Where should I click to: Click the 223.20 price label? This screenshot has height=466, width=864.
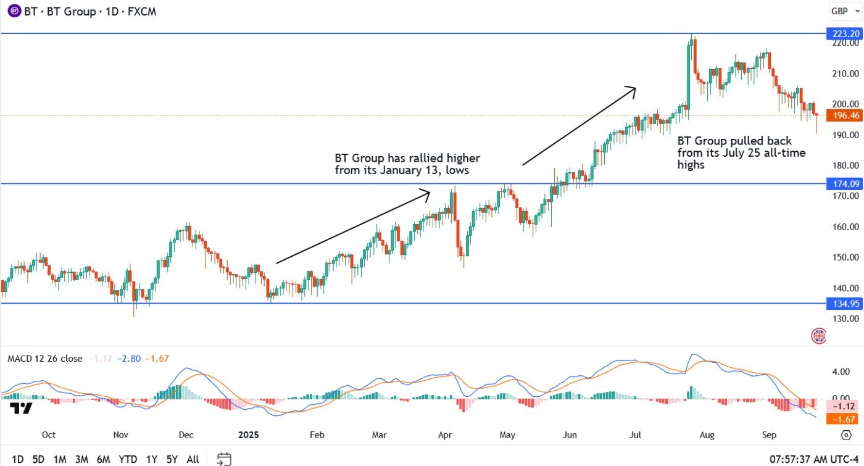[844, 33]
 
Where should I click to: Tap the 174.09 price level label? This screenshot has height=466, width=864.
[844, 183]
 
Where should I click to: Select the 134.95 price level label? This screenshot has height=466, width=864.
[844, 303]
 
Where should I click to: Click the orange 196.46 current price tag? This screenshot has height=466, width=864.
[844, 115]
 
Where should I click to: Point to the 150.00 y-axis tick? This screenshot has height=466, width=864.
[844, 257]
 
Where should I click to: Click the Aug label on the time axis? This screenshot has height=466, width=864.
[707, 435]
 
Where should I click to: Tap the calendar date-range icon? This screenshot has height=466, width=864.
[224, 459]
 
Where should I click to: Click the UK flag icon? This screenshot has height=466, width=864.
[818, 336]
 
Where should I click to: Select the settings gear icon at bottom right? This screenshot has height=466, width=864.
[846, 435]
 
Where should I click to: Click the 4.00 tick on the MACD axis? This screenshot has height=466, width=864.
[841, 372]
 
